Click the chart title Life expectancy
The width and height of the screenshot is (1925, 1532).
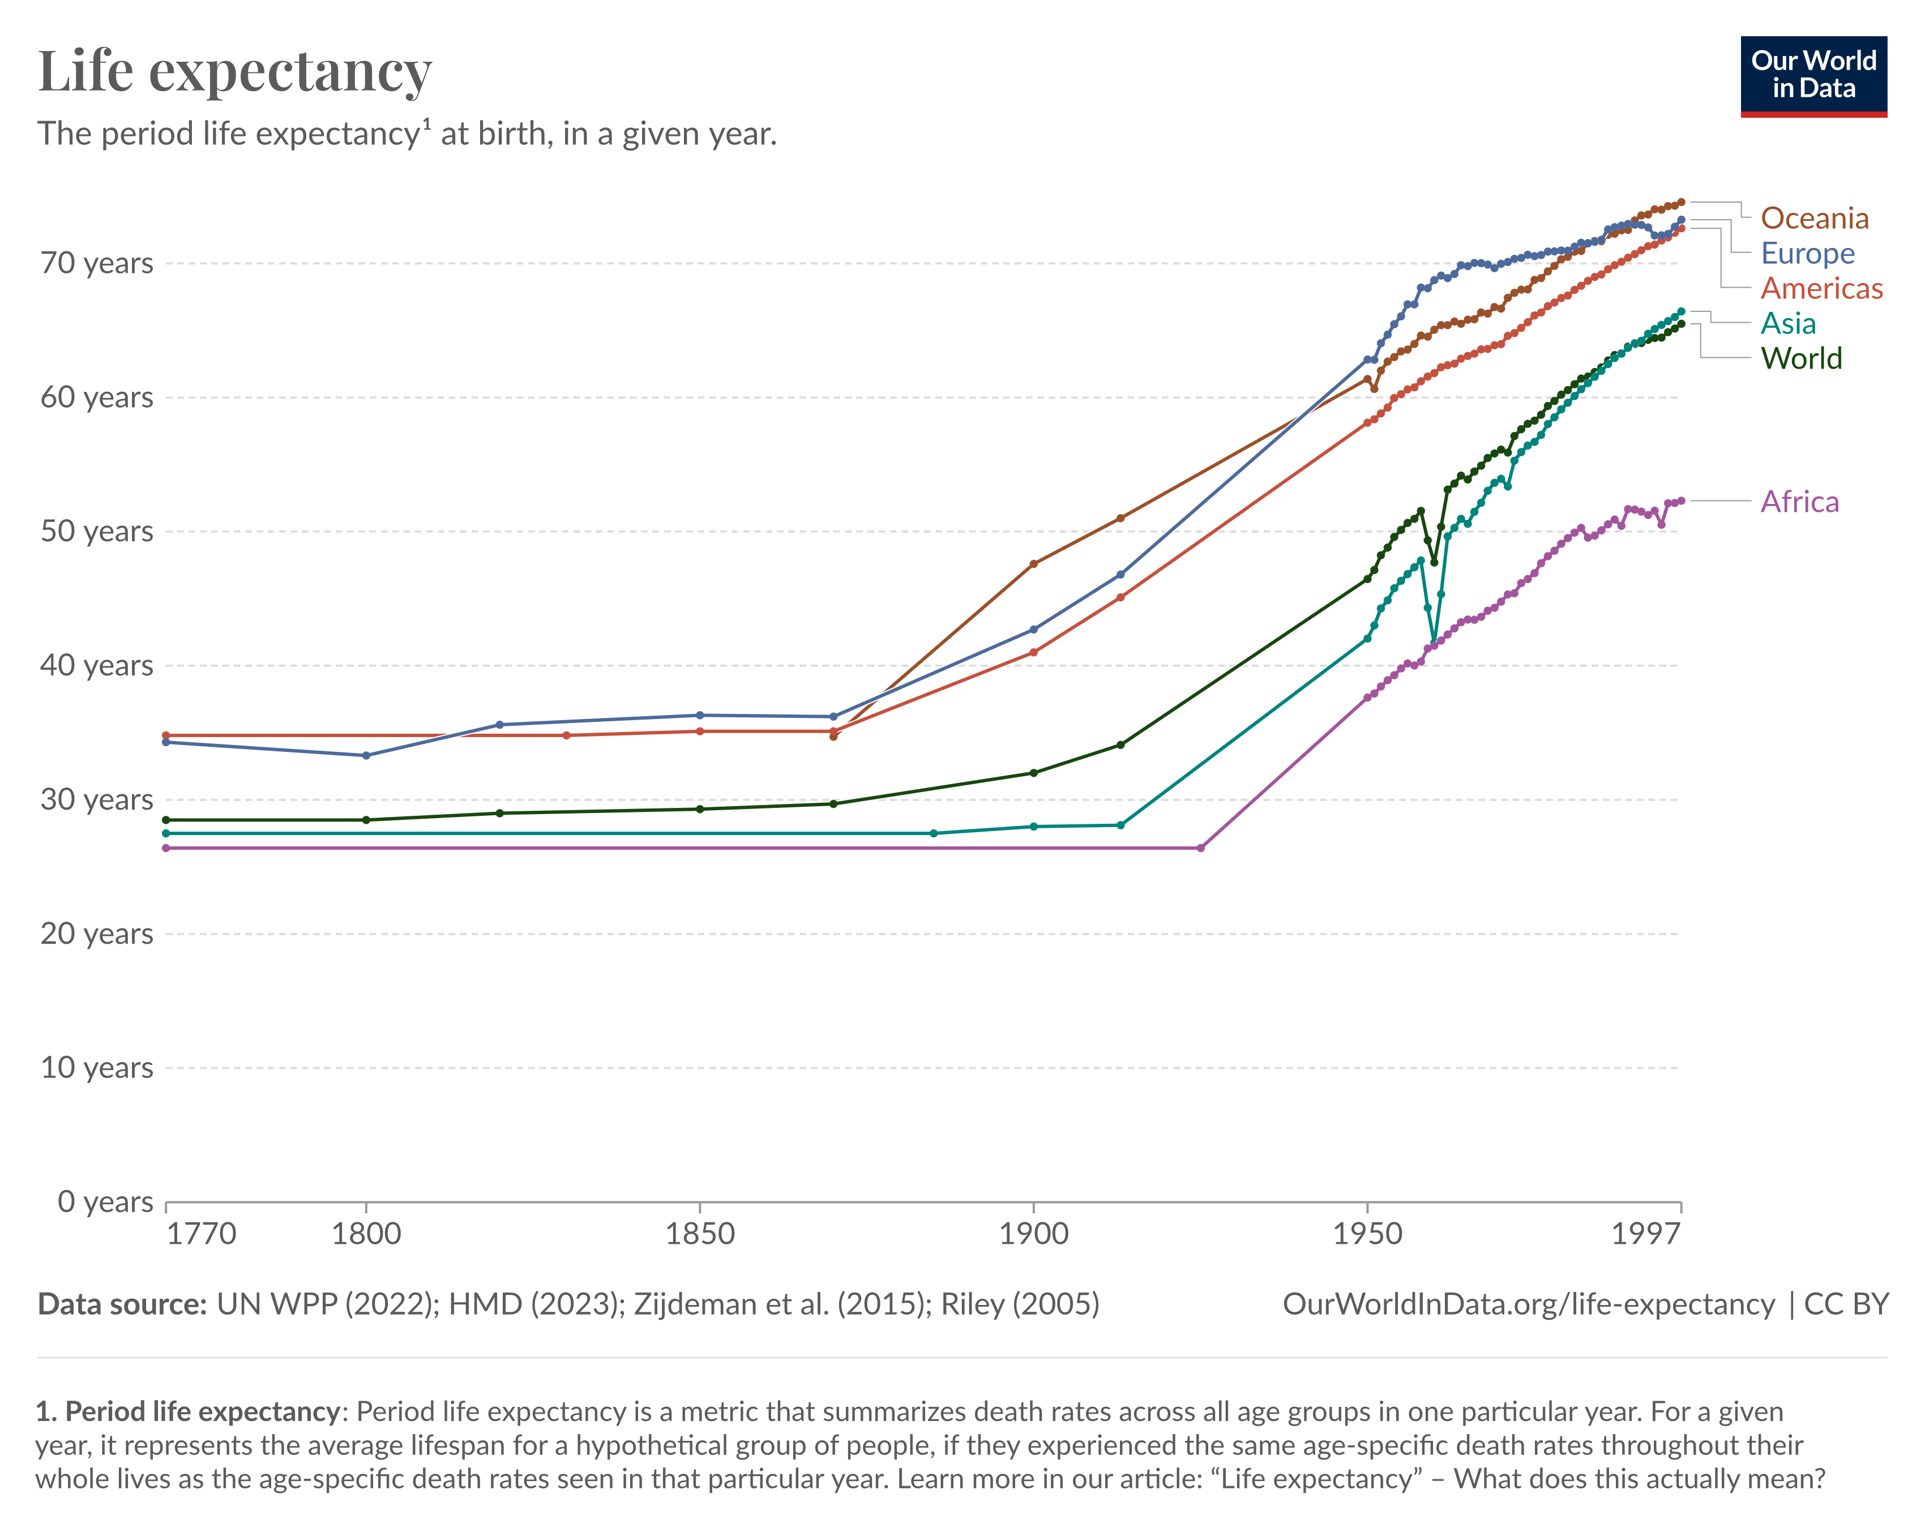(235, 71)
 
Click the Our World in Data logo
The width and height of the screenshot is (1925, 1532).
(1813, 76)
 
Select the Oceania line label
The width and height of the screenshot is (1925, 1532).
(1814, 218)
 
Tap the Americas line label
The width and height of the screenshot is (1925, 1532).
(1821, 288)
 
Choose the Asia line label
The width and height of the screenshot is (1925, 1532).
(1787, 323)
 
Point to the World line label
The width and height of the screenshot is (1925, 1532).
(1801, 358)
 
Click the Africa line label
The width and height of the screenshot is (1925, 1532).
(1799, 502)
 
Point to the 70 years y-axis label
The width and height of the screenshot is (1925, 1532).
(96, 263)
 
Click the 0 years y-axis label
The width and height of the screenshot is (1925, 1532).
(105, 1202)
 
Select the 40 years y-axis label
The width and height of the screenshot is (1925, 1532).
(96, 665)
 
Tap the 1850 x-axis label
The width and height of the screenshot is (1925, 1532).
(700, 1234)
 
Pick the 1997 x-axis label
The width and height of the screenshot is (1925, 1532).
(1645, 1234)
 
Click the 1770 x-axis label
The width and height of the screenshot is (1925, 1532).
(202, 1234)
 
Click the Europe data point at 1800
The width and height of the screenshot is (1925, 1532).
(366, 755)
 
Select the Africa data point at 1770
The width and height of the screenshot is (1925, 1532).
(166, 848)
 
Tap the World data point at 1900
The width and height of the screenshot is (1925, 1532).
(1034, 773)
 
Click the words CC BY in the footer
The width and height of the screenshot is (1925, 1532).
(1846, 1304)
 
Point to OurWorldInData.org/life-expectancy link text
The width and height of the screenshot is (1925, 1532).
(1529, 1304)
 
